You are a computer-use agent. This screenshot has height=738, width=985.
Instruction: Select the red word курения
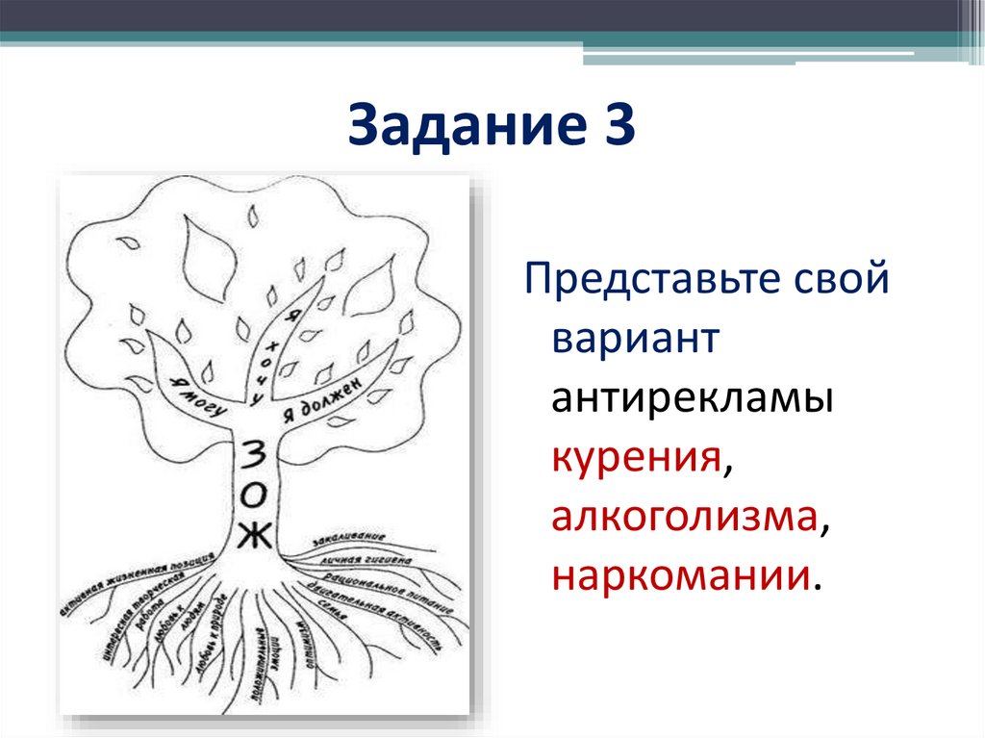coord(636,458)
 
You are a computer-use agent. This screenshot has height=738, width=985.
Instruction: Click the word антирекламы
coord(692,400)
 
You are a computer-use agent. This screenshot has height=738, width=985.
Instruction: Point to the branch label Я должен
coord(321,401)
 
